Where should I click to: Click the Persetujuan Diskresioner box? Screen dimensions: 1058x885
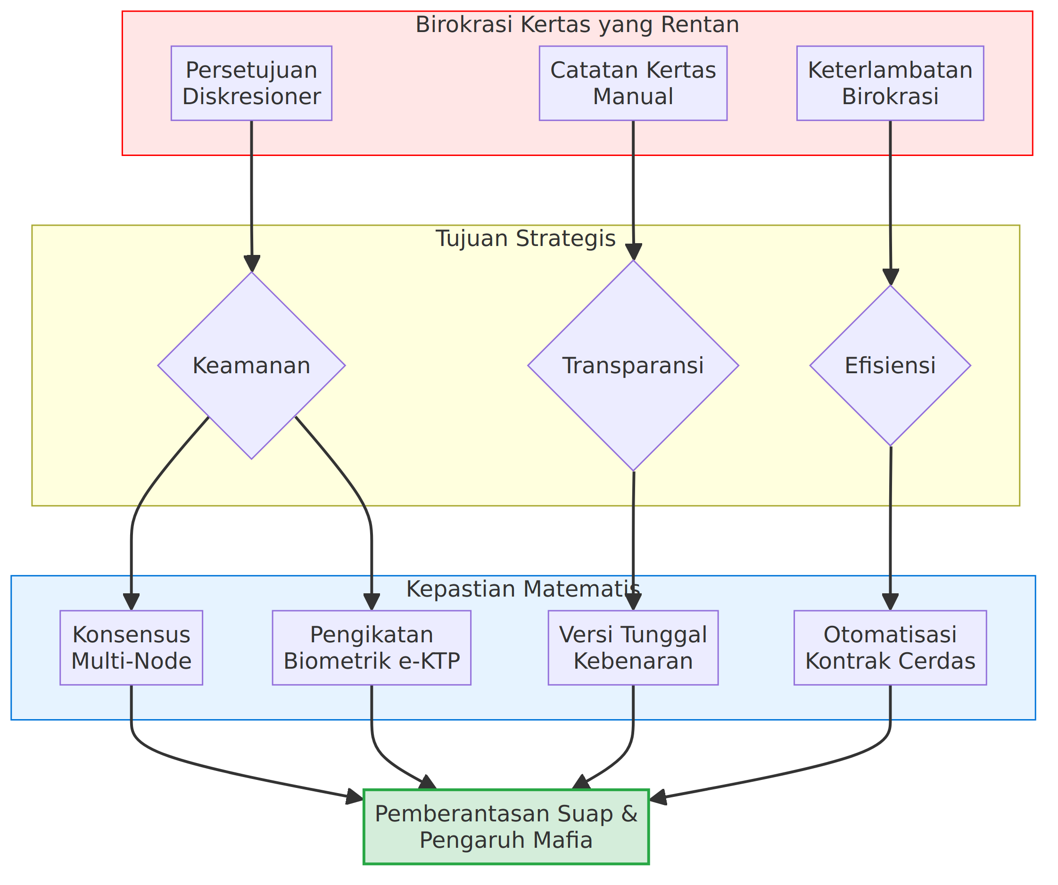(251, 83)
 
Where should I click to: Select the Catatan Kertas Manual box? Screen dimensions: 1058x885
(633, 83)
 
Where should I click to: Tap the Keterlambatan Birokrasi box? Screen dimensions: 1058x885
(890, 83)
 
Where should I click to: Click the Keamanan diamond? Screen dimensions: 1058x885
(251, 365)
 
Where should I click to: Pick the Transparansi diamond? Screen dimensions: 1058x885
(633, 365)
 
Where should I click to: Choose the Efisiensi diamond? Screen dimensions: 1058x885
(890, 365)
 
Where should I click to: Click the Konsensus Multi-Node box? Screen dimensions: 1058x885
(132, 648)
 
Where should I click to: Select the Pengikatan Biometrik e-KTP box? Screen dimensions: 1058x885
(372, 648)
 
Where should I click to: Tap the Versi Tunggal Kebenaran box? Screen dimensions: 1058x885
(633, 648)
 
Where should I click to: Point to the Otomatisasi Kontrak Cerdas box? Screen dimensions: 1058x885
(890, 648)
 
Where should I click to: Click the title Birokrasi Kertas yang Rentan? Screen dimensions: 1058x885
(578, 25)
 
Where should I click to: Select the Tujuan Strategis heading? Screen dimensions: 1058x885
(526, 238)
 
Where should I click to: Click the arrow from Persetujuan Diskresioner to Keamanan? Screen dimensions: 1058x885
(251, 197)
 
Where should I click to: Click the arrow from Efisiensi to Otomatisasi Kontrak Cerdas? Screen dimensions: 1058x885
(890, 529)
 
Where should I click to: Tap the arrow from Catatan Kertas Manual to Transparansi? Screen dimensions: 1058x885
(633, 190)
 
